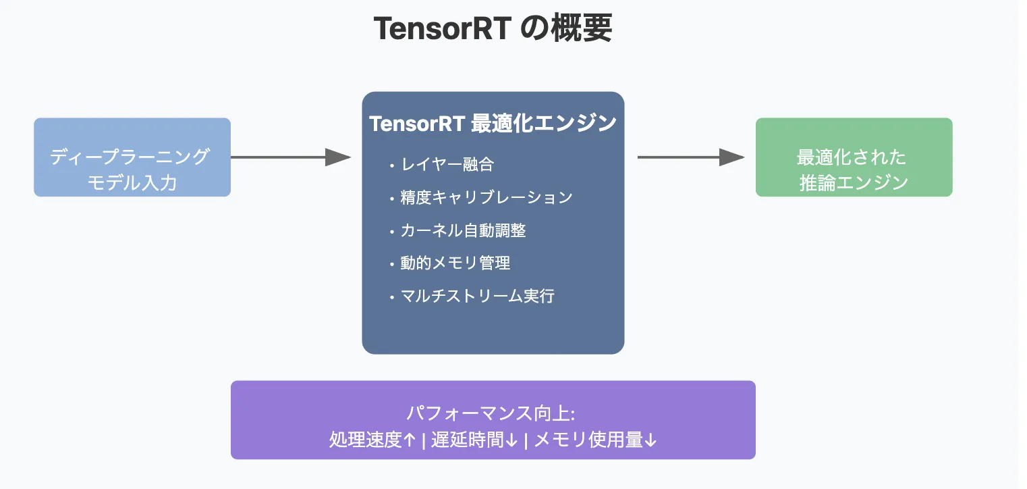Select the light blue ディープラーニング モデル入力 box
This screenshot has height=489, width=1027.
pyautogui.click(x=132, y=157)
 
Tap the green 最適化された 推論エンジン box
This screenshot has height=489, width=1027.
pyautogui.click(x=854, y=157)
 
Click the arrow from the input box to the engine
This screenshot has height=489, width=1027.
pyautogui.click(x=290, y=157)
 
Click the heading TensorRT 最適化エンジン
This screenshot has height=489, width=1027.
pyautogui.click(x=493, y=124)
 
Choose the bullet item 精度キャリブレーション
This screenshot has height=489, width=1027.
pyautogui.click(x=486, y=197)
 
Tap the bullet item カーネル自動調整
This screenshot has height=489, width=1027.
pyautogui.click(x=463, y=230)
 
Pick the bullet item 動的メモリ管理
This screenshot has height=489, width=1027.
pyautogui.click(x=455, y=263)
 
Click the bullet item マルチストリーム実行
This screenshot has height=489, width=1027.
pyautogui.click(x=477, y=296)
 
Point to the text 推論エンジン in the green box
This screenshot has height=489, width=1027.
pyautogui.click(x=854, y=182)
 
